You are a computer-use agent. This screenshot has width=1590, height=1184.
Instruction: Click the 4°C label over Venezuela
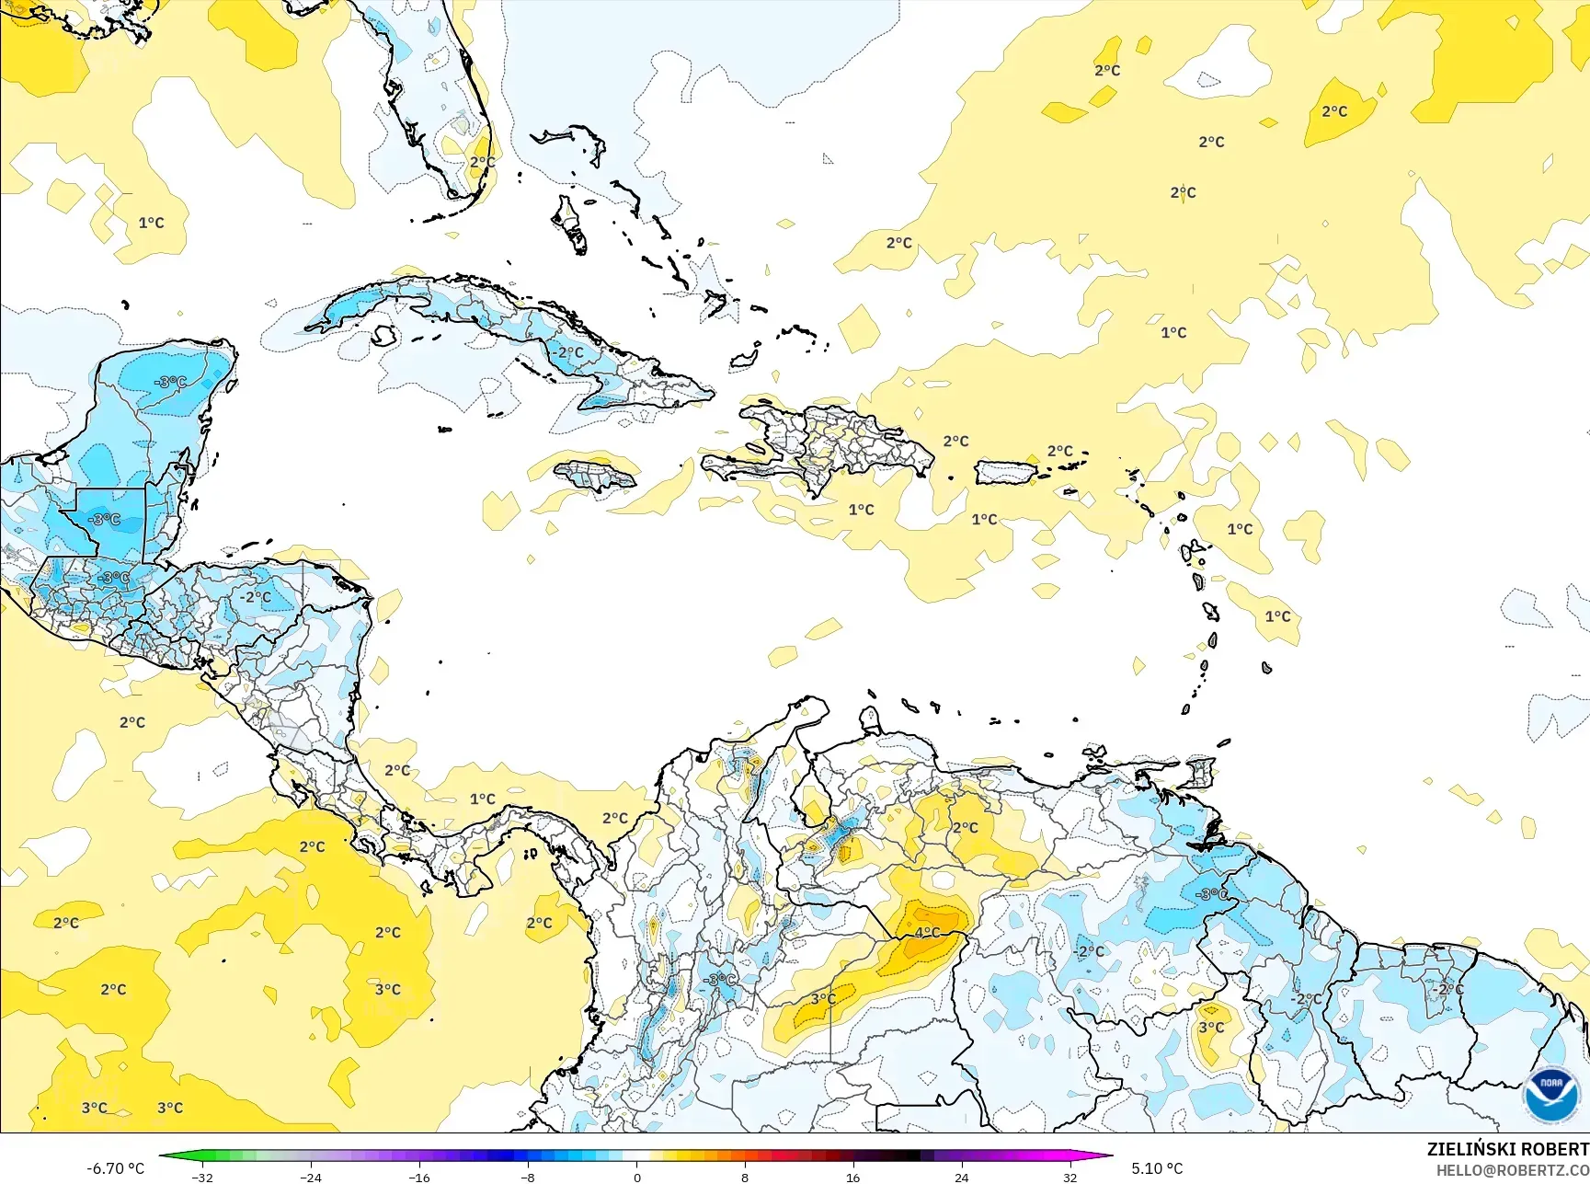pos(927,932)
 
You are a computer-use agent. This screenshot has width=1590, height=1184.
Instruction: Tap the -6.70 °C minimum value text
pos(115,1168)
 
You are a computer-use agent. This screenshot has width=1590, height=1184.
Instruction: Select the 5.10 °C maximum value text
pos(1157,1168)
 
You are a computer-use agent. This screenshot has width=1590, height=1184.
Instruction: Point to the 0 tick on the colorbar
pos(636,1178)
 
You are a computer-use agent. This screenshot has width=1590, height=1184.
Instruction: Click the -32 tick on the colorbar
pos(202,1178)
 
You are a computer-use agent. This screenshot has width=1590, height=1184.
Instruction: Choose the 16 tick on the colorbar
pos(852,1178)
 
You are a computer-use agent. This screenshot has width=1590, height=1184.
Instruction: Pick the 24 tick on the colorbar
pos(961,1178)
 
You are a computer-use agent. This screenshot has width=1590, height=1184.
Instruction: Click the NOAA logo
pos(1551,1094)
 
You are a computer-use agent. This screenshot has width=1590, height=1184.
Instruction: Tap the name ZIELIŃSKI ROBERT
pos(1507,1149)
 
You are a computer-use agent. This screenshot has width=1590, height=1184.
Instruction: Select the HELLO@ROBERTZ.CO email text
pos(1512,1170)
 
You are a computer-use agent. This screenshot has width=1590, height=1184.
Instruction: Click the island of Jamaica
pos(595,476)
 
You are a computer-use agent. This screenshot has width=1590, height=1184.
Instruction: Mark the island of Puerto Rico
pos(1005,473)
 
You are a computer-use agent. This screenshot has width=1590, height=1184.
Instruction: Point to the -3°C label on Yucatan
pos(171,382)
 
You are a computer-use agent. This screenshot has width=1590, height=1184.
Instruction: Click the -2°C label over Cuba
pos(568,352)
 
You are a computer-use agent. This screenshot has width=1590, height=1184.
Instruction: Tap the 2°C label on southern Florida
pos(482,162)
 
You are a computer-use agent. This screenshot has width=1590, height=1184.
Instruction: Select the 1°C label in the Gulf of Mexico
pos(151,223)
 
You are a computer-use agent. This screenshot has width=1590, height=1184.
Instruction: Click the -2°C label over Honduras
pos(257,596)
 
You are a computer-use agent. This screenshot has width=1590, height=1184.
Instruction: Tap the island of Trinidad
pos(1199,771)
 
